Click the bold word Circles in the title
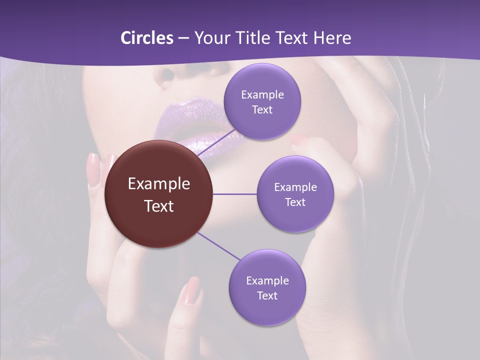[x=147, y=38]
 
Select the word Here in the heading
[x=332, y=38]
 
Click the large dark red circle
[x=158, y=194]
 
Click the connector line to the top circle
[x=218, y=143]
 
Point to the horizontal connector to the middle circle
[x=234, y=194]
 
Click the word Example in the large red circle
[x=158, y=183]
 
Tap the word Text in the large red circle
[x=158, y=205]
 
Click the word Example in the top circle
[x=262, y=94]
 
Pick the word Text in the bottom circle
[x=267, y=295]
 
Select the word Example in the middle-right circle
[x=295, y=187]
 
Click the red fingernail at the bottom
[x=191, y=290]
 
